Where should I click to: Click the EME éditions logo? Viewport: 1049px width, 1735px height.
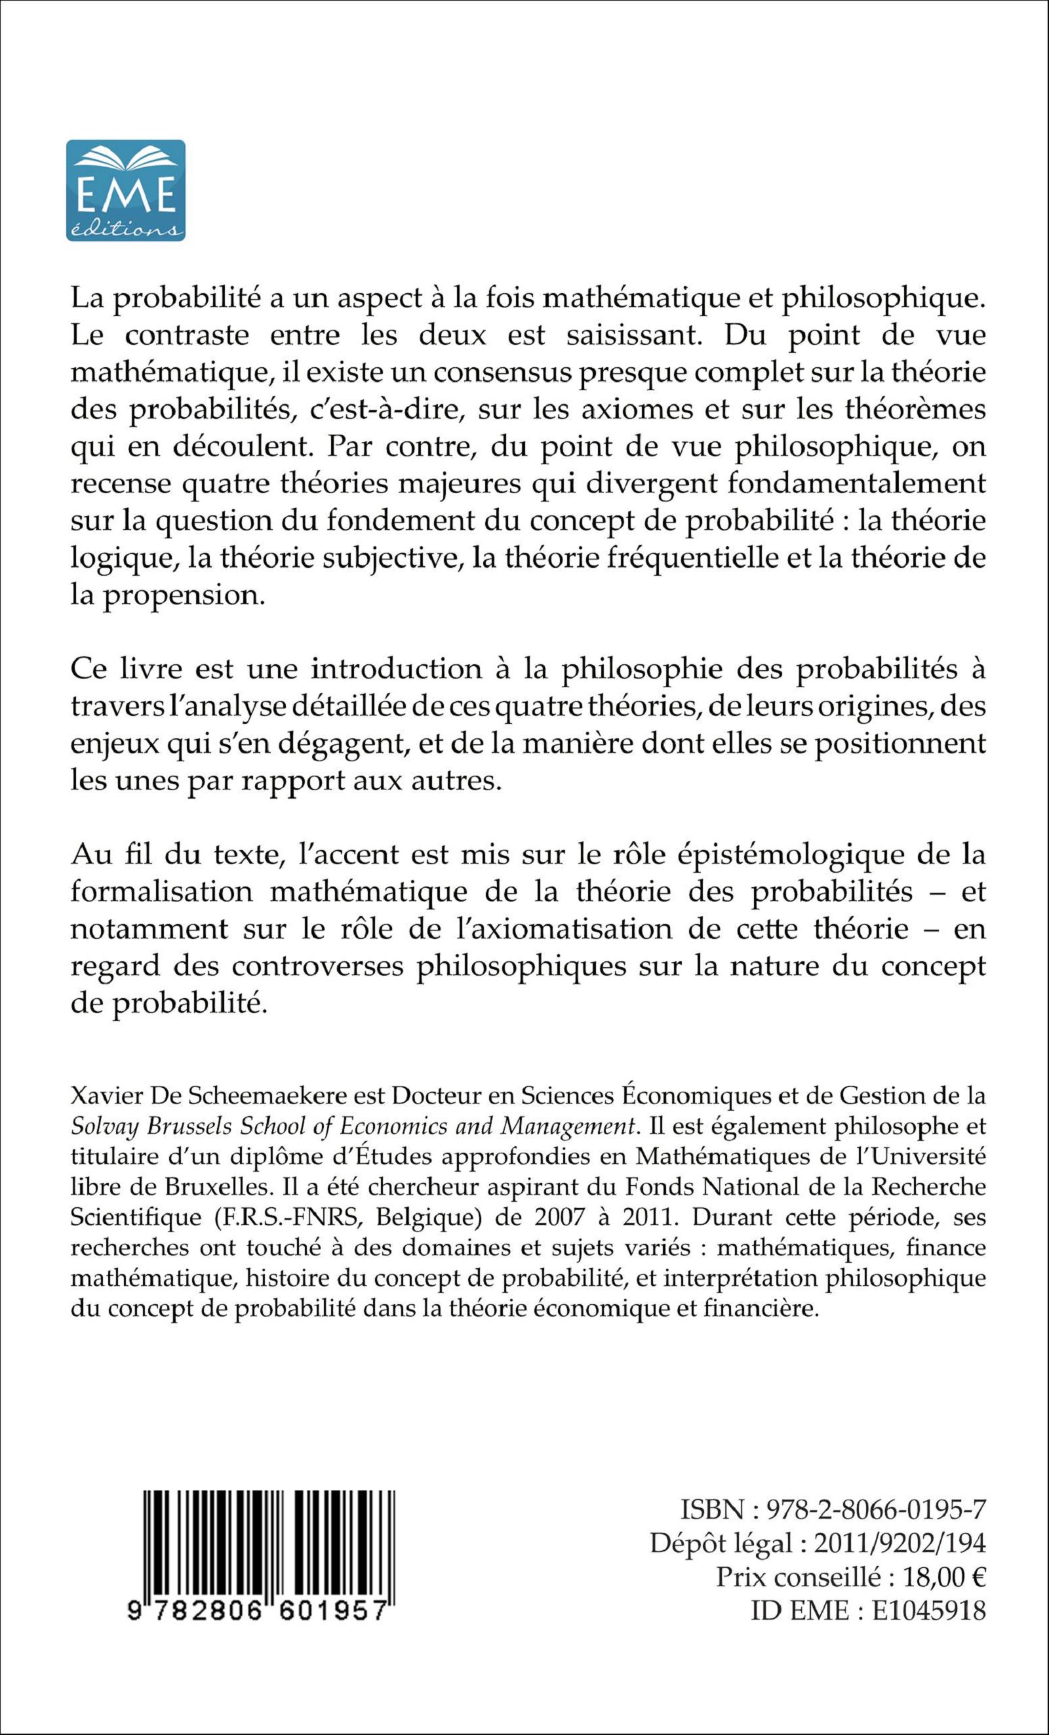click(126, 191)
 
